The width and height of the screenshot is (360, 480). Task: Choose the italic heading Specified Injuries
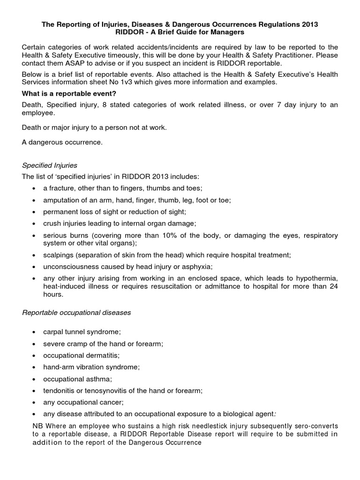point(50,165)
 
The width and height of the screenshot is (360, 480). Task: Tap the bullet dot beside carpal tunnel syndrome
point(34,332)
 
